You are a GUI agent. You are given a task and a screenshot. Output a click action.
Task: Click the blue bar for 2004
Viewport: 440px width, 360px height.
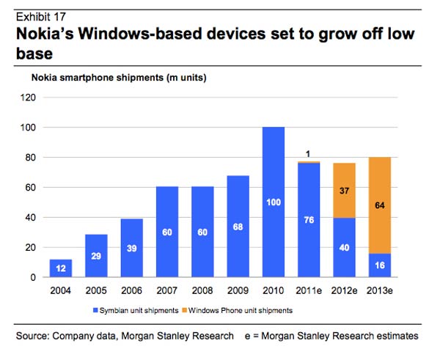point(62,268)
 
